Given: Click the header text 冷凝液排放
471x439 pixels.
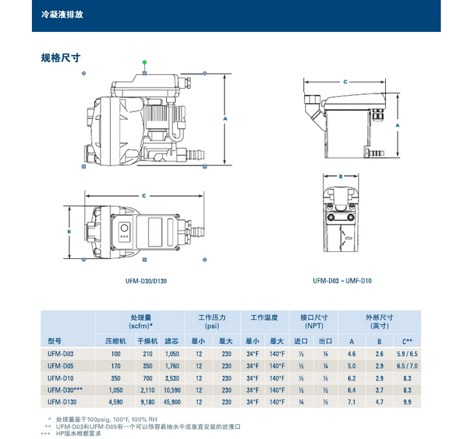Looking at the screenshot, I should (x=62, y=14).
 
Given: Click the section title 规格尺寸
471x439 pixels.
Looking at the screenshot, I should (x=61, y=58).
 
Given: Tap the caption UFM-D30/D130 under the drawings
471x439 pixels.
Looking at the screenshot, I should (x=146, y=282).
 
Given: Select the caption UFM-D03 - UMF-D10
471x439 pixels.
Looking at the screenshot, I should (x=341, y=281).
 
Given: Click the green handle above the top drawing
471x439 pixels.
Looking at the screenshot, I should (x=145, y=62).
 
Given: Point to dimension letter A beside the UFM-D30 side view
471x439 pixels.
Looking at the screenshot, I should (x=225, y=119).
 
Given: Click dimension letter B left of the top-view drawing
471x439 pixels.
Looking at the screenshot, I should (x=69, y=231).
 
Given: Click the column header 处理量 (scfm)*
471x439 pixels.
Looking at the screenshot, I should (x=141, y=321).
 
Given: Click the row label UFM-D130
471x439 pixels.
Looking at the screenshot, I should (x=62, y=402).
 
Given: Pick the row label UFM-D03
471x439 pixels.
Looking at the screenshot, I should (x=60, y=354).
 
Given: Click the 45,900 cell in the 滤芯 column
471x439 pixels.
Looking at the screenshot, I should (x=171, y=402).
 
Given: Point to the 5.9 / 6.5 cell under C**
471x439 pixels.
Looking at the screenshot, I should (x=406, y=354).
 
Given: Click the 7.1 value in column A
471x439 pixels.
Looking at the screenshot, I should (x=352, y=402).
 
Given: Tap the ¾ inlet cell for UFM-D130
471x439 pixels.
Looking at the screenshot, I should (x=301, y=402).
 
